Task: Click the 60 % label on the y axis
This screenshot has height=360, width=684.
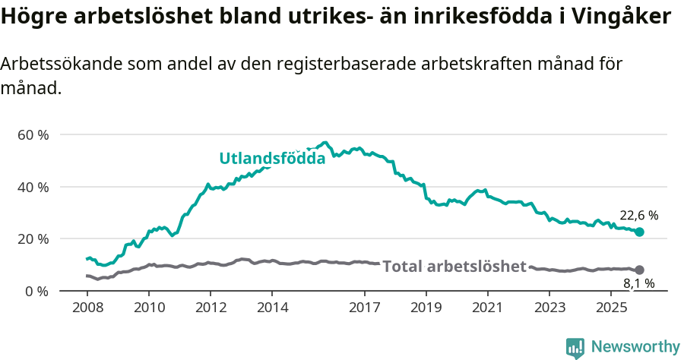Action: pos(33,134)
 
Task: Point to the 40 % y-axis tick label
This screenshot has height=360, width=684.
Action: pos(33,187)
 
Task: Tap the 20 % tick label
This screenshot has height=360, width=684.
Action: pos(33,238)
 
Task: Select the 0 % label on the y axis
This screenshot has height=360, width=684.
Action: pos(36,291)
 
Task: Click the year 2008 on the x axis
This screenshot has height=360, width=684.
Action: pos(87,308)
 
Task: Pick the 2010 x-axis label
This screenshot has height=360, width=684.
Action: pos(148,308)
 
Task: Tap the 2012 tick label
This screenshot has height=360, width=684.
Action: pos(211,308)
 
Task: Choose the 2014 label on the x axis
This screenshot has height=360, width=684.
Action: pos(272,308)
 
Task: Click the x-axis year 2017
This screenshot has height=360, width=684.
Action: pos(365,308)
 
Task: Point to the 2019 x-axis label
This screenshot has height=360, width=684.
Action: pos(426,308)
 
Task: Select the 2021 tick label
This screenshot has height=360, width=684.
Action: pos(488,308)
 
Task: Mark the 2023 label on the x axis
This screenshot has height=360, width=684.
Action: pos(549,308)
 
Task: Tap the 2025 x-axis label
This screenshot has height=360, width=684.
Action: pos(611,308)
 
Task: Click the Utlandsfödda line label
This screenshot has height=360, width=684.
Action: pos(272,159)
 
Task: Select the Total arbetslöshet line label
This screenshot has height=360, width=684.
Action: pos(454,267)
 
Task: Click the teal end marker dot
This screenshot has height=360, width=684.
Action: pos(639,232)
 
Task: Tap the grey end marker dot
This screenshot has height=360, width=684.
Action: pos(639,270)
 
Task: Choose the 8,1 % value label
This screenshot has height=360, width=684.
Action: pos(638,284)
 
